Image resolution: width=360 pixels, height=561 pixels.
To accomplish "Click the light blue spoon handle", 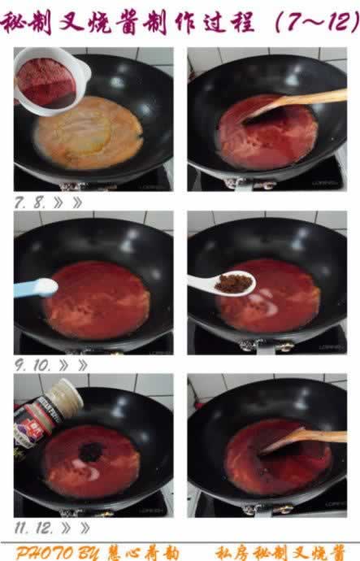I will (33, 287).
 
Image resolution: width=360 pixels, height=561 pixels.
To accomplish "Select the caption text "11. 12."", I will (37, 527).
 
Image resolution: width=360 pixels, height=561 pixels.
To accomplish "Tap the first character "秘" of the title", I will (15, 23).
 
